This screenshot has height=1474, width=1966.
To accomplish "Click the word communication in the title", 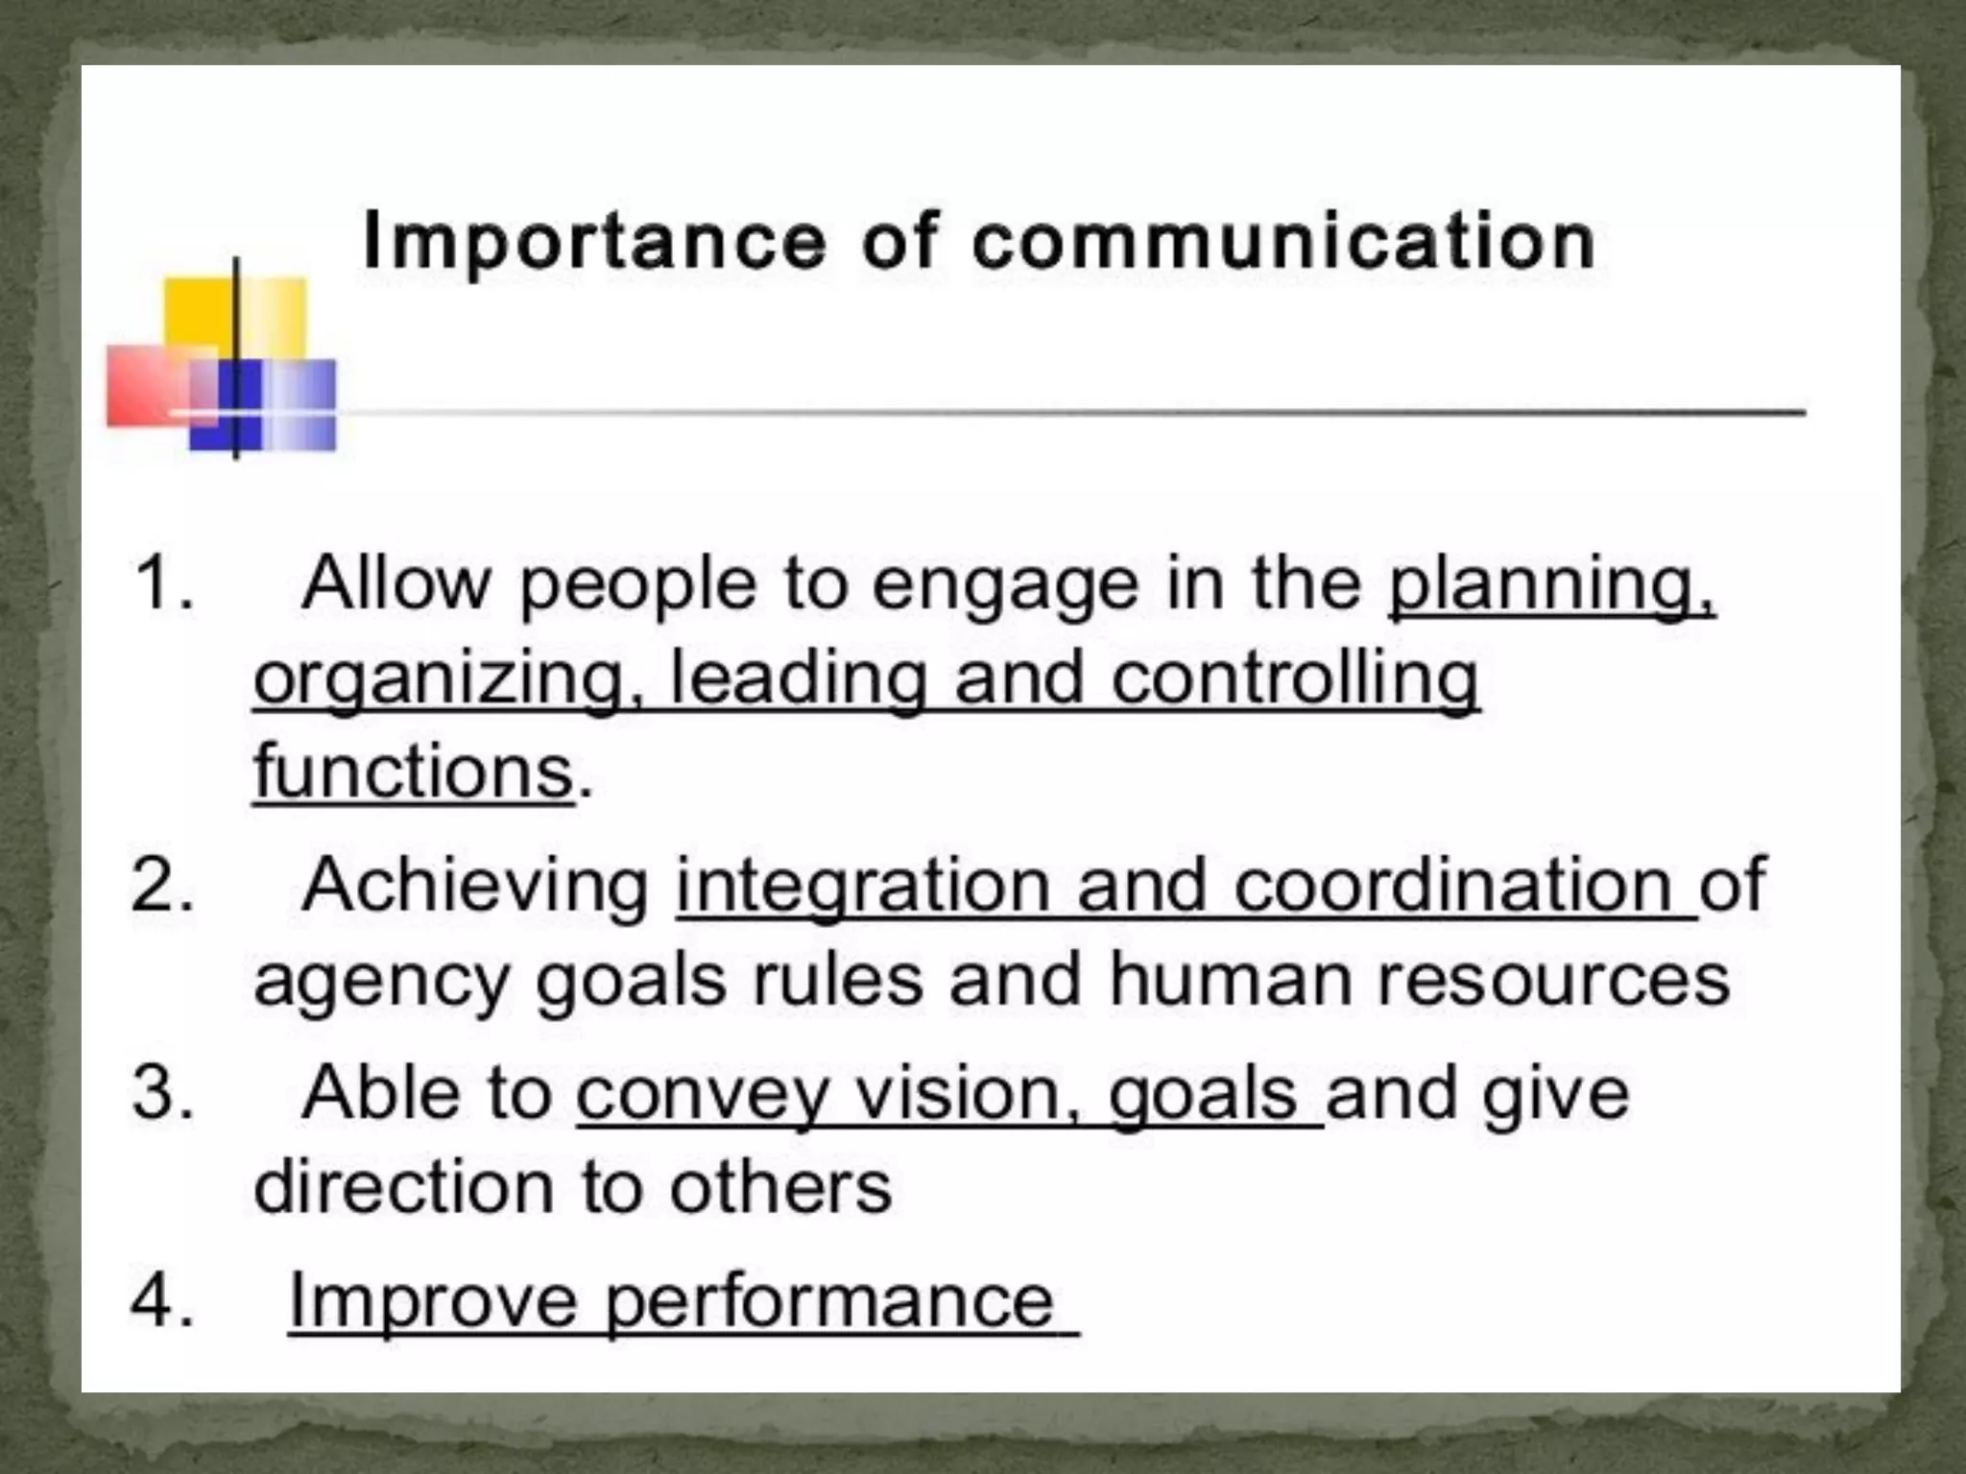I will coord(1283,241).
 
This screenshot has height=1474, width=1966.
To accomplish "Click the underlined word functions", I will coord(414,772).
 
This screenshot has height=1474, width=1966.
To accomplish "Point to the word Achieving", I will coord(476,885).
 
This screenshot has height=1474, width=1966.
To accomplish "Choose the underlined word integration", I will coord(863,885).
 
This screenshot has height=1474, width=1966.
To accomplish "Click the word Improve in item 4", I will coord(433,1302).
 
